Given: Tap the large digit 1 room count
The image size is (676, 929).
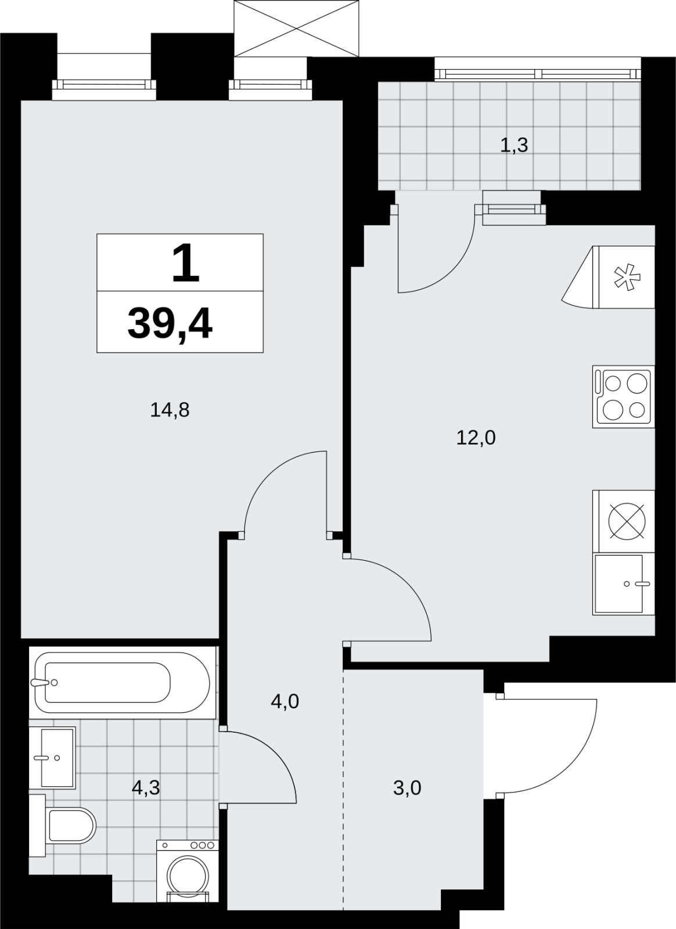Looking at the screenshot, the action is point(186,263).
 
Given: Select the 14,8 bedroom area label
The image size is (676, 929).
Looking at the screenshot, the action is point(170,410).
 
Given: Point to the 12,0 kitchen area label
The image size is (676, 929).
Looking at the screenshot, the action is point(476,438).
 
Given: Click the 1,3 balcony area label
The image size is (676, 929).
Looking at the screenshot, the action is point(514,145).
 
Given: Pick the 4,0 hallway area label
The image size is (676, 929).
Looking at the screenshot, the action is point(285,701).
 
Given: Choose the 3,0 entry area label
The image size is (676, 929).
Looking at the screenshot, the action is point(407,787).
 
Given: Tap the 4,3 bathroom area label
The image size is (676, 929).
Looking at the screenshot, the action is point(146,787).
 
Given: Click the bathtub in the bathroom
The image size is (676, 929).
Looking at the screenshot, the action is point(123,683).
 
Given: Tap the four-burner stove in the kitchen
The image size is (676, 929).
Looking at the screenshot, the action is point(623,397).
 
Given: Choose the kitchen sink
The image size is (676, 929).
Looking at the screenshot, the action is point(623,584).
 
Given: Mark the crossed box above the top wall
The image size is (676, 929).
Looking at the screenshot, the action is point(296,28).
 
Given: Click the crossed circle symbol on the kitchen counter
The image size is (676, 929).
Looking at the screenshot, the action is point(627,521).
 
